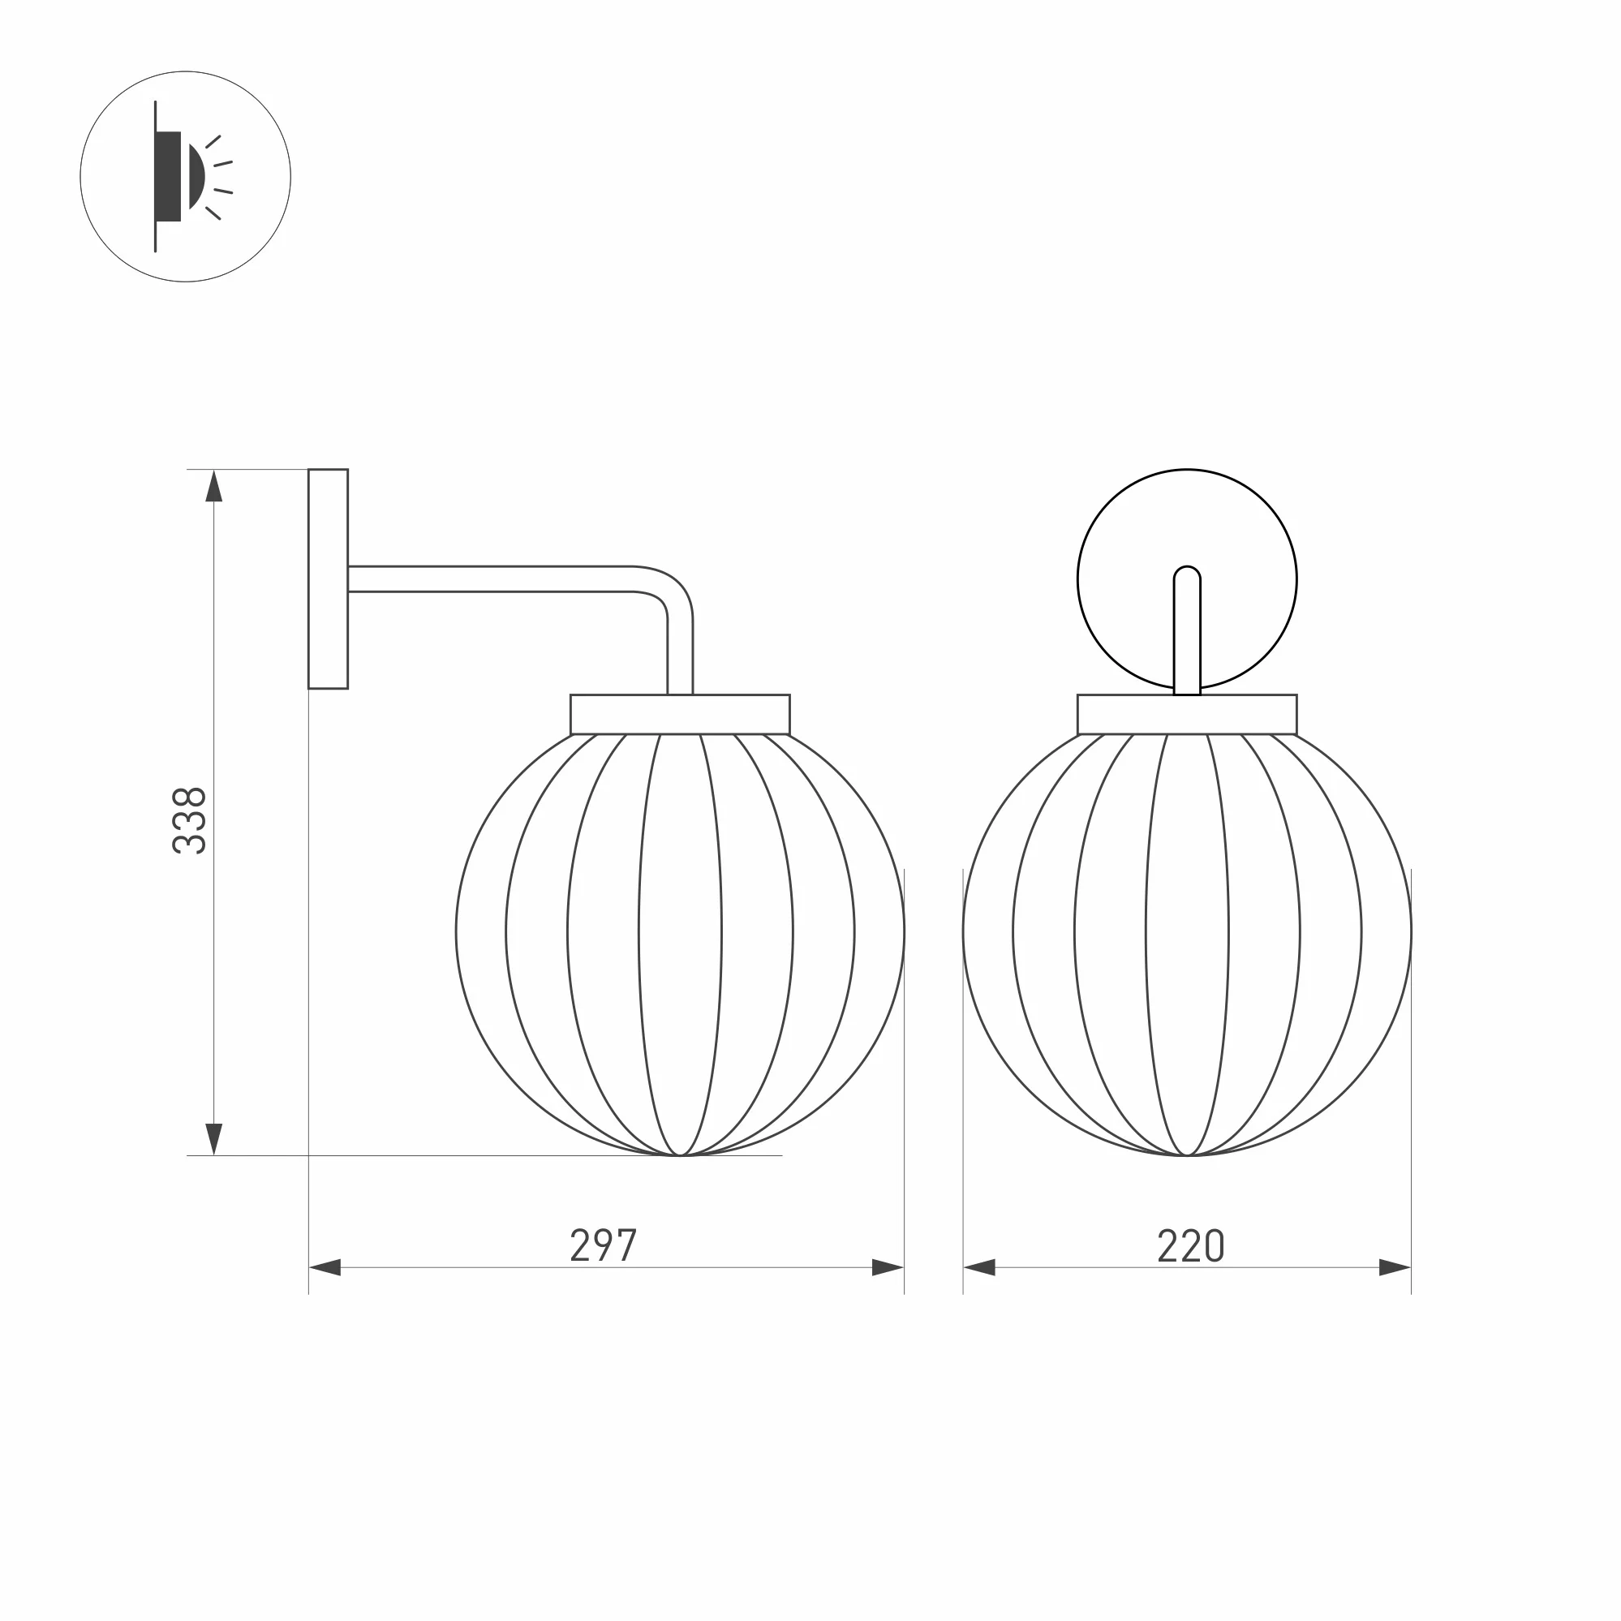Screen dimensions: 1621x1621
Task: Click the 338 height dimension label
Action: point(189,820)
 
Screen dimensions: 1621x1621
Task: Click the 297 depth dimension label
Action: point(604,1245)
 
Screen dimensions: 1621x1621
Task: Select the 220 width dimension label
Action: point(1190,1245)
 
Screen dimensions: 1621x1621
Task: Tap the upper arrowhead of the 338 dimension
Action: point(214,486)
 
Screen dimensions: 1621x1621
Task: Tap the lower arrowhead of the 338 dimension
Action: point(214,1139)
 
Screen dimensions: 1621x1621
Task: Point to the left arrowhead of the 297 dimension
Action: point(325,1268)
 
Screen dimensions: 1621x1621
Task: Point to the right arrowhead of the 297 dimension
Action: point(888,1268)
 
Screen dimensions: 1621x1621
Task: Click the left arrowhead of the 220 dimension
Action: point(979,1268)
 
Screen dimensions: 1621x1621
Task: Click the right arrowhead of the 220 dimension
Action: point(1395,1268)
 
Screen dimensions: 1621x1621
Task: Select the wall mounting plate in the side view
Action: point(328,579)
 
